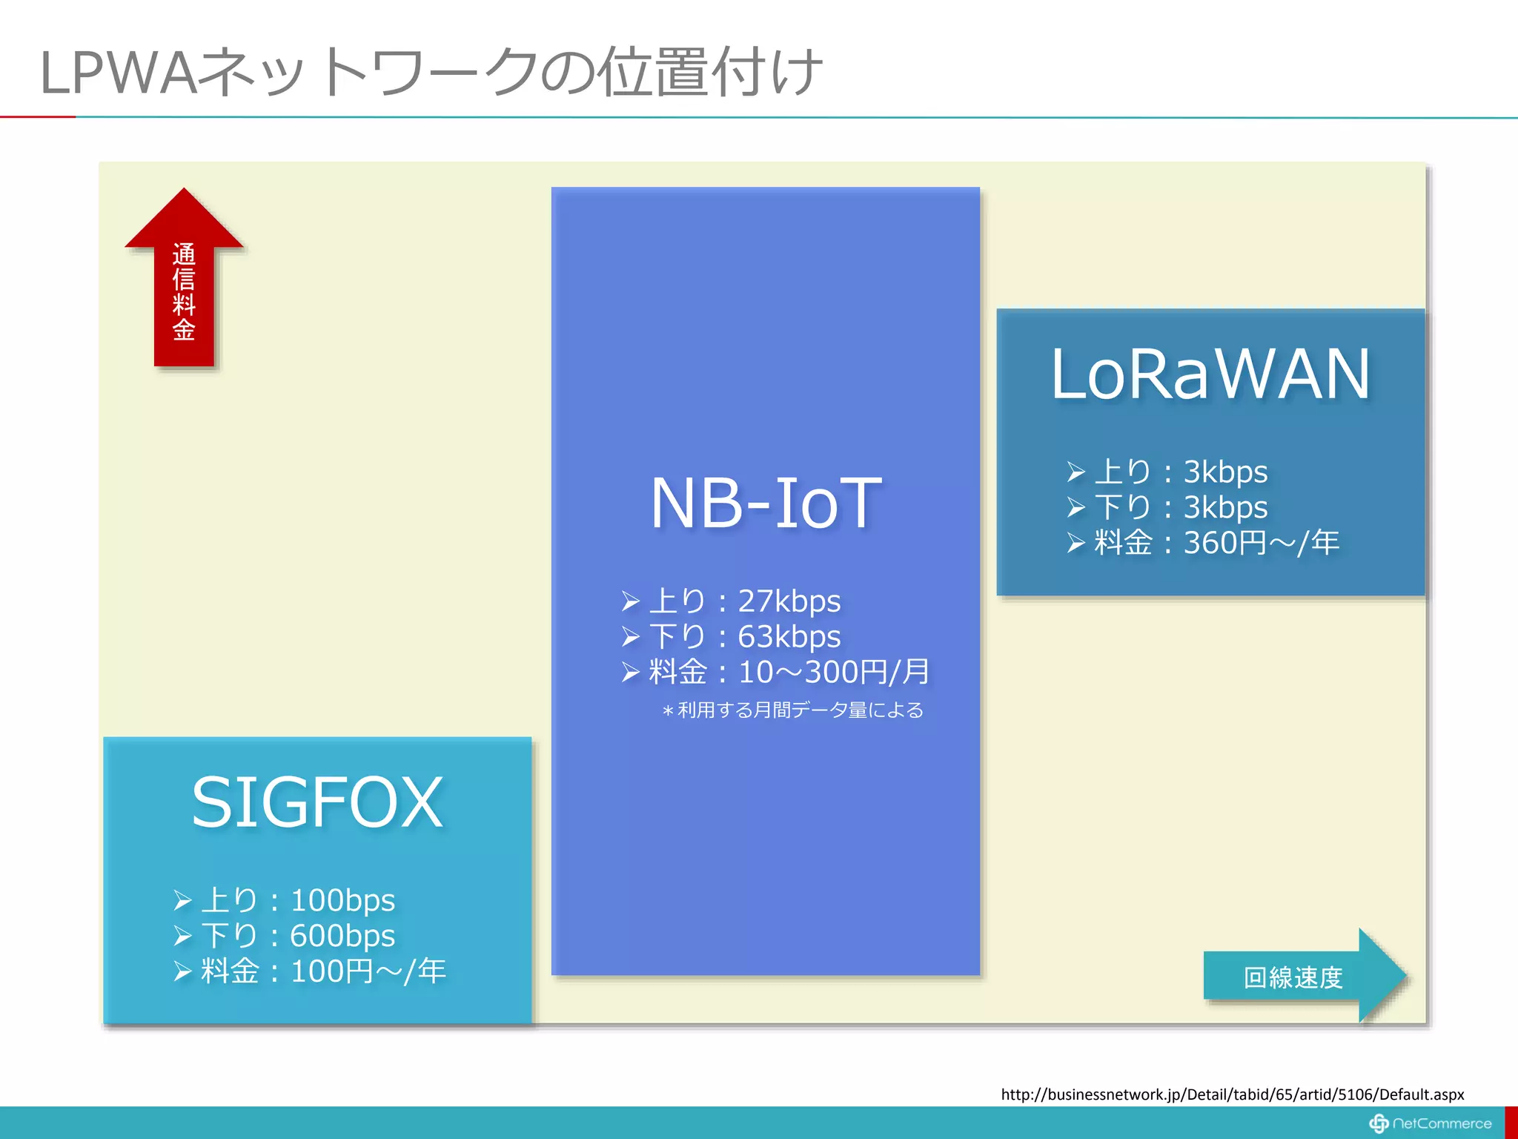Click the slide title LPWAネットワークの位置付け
[430, 72]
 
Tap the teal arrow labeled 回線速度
[1293, 977]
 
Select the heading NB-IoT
[766, 504]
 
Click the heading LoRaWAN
[1210, 374]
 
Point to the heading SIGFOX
[317, 802]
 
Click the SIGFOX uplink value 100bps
[342, 900]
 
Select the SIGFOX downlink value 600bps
[342, 936]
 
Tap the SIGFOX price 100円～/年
[368, 971]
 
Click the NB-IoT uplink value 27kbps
[789, 601]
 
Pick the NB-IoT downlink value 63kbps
[789, 636]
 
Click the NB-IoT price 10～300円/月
[834, 672]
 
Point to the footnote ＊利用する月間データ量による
[793, 710]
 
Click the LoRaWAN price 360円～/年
[1261, 543]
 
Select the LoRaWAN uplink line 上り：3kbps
[1181, 472]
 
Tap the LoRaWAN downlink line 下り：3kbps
[1181, 507]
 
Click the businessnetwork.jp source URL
[1232, 1095]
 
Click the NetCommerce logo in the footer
[1431, 1123]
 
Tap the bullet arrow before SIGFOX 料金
[182, 971]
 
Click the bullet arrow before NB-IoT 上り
[630, 601]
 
